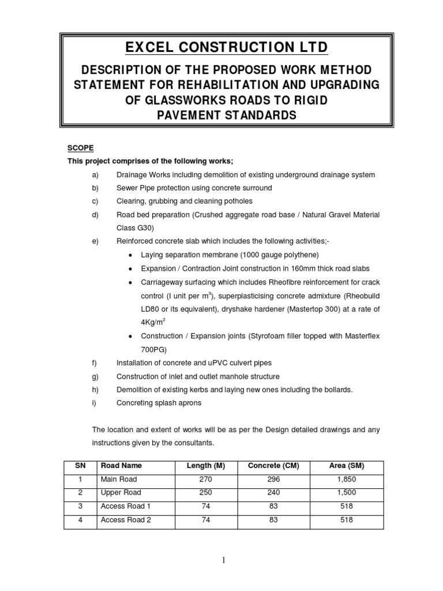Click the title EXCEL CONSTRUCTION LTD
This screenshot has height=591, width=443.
[221, 47]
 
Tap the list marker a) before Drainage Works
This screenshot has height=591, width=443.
[95, 175]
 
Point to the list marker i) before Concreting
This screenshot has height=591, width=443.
[94, 403]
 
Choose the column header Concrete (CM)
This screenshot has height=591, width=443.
[273, 465]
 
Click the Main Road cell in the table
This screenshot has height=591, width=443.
[119, 479]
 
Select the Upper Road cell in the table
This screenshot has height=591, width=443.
[121, 493]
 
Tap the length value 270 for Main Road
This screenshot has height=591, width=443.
[206, 479]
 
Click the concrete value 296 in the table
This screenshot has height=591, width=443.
[273, 479]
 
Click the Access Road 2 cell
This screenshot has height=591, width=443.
[125, 520]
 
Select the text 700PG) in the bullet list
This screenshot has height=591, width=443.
[153, 350]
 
